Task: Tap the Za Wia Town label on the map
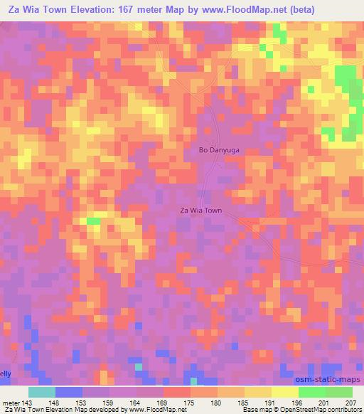click(200, 211)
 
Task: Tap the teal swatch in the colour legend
click(41, 392)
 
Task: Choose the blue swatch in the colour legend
click(69, 392)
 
